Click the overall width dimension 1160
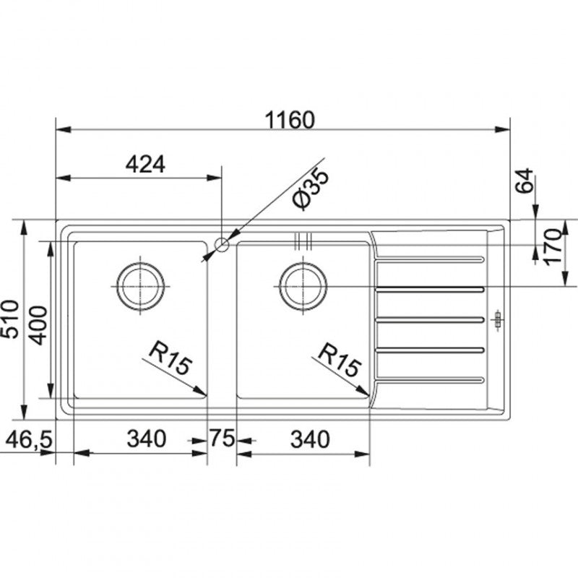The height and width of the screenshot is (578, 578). click(290, 120)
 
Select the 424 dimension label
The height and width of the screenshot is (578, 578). click(146, 165)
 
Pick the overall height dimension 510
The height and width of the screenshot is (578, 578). click(9, 319)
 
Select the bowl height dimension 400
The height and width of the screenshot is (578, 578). click(39, 325)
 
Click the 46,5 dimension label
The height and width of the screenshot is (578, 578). click(30, 440)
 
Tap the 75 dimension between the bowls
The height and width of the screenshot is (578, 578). click(223, 439)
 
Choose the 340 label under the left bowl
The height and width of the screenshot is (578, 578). click(147, 439)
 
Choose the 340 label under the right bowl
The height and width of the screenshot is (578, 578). click(310, 439)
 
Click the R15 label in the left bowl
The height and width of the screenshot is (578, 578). click(171, 357)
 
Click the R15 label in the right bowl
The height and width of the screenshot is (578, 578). click(339, 359)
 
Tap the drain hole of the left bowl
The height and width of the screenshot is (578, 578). click(140, 286)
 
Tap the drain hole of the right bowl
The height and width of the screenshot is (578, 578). click(303, 286)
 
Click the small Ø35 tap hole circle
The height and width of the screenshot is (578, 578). click(222, 244)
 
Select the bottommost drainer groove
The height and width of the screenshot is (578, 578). click(429, 379)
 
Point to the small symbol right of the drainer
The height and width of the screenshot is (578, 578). click(498, 319)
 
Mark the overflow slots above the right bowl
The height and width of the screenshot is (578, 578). click(303, 241)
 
